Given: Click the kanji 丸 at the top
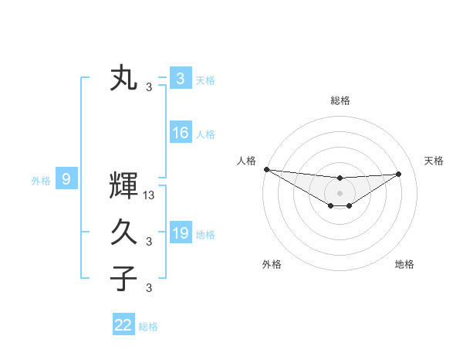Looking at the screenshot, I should click(x=123, y=79).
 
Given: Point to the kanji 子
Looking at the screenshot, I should click(x=123, y=278).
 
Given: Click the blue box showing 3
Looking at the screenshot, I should click(x=180, y=79).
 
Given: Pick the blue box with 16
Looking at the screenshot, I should click(x=180, y=133).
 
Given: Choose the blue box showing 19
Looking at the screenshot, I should click(x=180, y=233).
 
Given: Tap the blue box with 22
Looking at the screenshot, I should click(x=123, y=325).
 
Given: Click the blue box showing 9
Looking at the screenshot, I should click(x=66, y=180).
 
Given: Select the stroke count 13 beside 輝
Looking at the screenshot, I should click(x=150, y=196).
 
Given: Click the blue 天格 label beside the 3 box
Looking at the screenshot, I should click(x=205, y=80).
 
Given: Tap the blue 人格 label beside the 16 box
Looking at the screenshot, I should click(x=205, y=134).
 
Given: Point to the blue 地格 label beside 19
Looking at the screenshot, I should click(x=205, y=234).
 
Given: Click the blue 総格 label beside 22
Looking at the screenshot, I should click(x=148, y=327).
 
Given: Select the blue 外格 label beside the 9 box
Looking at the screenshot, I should click(x=41, y=181).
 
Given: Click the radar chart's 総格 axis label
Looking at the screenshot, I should click(x=340, y=101).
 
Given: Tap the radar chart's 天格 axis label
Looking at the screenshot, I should click(x=434, y=161).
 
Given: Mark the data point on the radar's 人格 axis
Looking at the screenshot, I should click(x=266, y=169).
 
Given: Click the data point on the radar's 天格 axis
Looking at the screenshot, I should click(x=398, y=174).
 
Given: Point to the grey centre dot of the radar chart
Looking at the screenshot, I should click(x=340, y=193).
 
